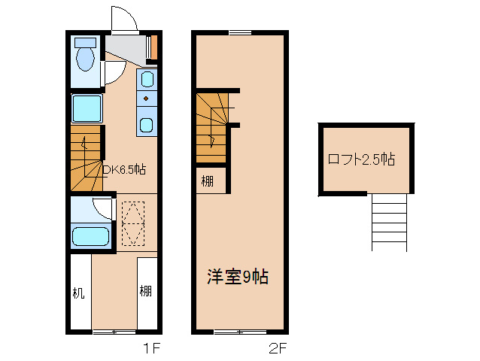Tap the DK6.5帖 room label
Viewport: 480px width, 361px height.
(x=123, y=169)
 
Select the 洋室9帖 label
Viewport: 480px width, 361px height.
(x=237, y=277)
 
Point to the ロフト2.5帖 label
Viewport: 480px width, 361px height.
(x=362, y=159)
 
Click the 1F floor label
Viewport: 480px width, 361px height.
(x=150, y=348)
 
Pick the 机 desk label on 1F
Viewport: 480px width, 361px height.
(x=78, y=292)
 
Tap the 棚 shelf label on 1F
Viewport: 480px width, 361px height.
(x=145, y=292)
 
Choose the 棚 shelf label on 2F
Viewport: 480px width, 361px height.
(x=207, y=180)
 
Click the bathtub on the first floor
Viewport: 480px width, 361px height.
(x=90, y=237)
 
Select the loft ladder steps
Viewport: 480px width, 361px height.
(x=389, y=222)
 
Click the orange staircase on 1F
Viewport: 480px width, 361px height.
(x=86, y=159)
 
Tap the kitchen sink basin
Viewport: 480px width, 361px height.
(x=147, y=78)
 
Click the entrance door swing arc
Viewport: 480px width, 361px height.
(x=123, y=20)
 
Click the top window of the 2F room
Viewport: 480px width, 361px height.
(x=240, y=32)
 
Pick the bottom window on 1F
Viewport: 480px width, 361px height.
(x=114, y=331)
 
